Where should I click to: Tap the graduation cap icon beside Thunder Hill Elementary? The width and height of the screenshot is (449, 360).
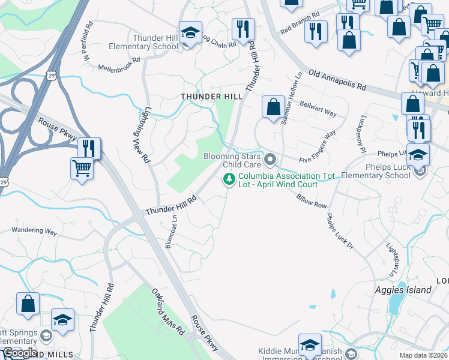(190, 34)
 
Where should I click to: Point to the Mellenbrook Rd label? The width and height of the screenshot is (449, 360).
(119, 64)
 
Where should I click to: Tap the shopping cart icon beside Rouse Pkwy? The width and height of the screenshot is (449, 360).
(82, 168)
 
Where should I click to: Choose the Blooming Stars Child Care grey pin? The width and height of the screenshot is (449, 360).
(270, 160)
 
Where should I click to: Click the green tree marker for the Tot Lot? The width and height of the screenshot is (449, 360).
(229, 179)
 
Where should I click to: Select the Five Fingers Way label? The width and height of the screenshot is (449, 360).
(318, 151)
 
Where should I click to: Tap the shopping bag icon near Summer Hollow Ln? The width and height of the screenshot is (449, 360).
(273, 107)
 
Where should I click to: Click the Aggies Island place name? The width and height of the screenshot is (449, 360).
(405, 290)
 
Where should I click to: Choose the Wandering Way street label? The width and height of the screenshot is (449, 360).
(34, 231)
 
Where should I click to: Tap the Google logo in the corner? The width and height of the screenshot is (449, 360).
(20, 353)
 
